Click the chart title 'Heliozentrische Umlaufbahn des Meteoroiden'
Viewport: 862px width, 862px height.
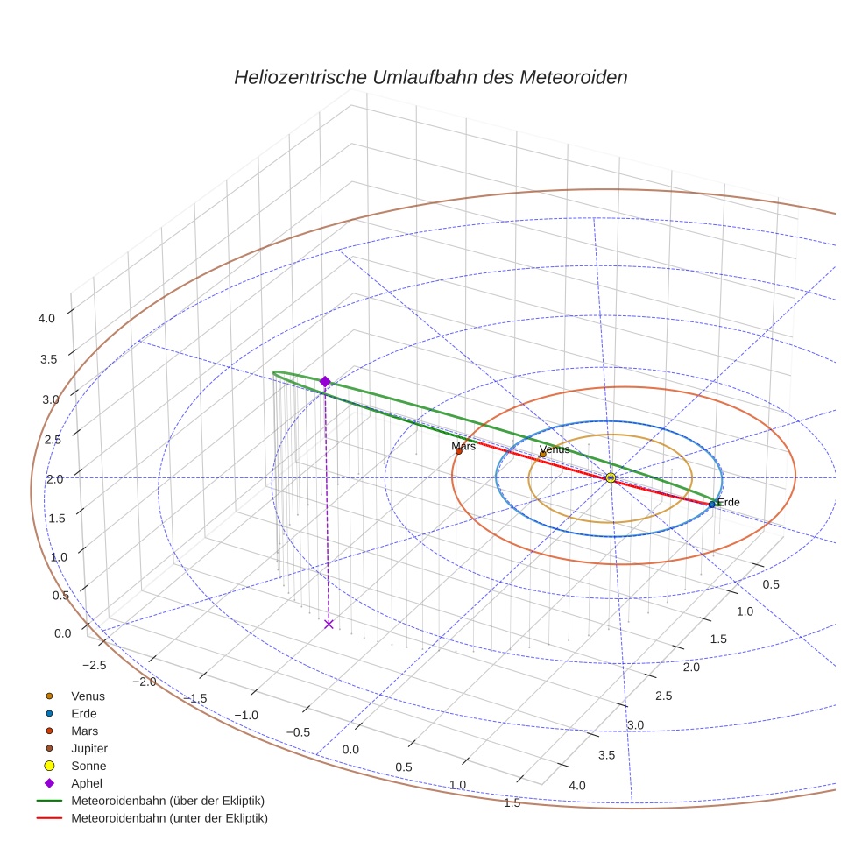pyautogui.click(x=430, y=77)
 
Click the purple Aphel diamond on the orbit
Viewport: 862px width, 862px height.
pyautogui.click(x=325, y=381)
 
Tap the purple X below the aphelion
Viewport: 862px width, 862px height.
pyautogui.click(x=329, y=624)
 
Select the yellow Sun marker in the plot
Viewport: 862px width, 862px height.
pyautogui.click(x=611, y=477)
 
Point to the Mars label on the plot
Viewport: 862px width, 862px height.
pyautogui.click(x=463, y=447)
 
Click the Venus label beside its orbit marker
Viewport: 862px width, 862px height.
pyautogui.click(x=555, y=449)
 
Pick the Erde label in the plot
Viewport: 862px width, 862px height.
pyautogui.click(x=728, y=502)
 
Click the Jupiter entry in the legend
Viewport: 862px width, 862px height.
pyautogui.click(x=89, y=748)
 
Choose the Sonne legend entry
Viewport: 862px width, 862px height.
pyautogui.click(x=88, y=766)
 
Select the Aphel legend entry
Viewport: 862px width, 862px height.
pyautogui.click(x=87, y=783)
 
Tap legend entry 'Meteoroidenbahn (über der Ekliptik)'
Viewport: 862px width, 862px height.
pyautogui.click(x=167, y=801)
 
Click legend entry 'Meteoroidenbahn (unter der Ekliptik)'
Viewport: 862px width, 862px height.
pyautogui.click(x=169, y=818)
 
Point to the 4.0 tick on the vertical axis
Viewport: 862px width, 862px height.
pyautogui.click(x=46, y=318)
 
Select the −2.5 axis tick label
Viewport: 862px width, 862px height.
pyautogui.click(x=92, y=665)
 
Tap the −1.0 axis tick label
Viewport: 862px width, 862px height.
pyautogui.click(x=247, y=715)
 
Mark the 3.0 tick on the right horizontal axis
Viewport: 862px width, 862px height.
pyautogui.click(x=635, y=725)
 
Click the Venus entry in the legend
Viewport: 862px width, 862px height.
pyautogui.click(x=88, y=696)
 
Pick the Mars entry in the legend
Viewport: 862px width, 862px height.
pyautogui.click(x=84, y=731)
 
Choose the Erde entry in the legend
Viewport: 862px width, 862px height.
pyautogui.click(x=84, y=713)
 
